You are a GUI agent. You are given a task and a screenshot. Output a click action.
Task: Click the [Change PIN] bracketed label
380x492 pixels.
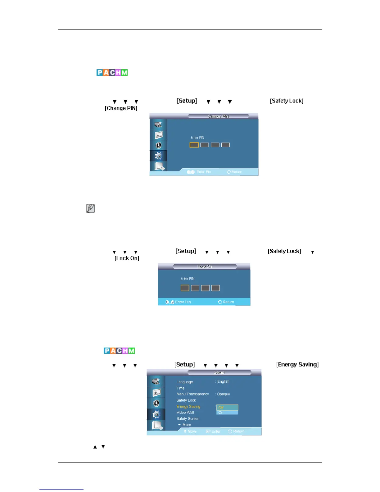[x=121, y=108]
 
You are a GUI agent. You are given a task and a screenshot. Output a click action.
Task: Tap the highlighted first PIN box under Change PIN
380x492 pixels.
[x=194, y=145]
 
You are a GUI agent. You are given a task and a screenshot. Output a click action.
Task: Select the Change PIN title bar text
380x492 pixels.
[x=218, y=116]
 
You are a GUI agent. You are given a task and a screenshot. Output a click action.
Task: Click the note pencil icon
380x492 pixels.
[x=90, y=208]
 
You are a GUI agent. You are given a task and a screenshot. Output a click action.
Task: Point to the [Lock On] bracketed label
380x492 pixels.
[x=127, y=258]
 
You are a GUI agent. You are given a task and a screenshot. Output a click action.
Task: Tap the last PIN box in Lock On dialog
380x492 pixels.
[x=215, y=288]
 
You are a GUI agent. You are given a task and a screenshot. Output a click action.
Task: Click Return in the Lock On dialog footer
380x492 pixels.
[x=226, y=302]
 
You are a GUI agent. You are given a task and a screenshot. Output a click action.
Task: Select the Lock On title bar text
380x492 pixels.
[x=205, y=266]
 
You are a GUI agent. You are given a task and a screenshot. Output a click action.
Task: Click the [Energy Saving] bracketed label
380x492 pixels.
[x=297, y=365]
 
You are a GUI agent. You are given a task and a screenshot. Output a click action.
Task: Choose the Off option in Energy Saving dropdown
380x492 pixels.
[x=227, y=408]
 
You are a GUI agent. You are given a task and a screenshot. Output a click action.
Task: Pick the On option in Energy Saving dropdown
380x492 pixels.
[x=227, y=412]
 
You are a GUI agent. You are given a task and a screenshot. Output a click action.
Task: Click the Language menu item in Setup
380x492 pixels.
[x=185, y=382]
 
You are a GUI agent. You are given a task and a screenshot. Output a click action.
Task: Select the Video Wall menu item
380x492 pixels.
[x=185, y=412]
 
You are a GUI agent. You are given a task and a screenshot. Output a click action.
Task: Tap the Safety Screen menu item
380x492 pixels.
[x=188, y=419]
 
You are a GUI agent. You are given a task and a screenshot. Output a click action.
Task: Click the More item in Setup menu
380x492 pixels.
[x=187, y=425]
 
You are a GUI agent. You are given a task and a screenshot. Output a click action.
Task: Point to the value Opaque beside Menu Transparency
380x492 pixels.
[x=223, y=394]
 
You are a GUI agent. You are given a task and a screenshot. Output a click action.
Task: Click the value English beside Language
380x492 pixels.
[x=223, y=381]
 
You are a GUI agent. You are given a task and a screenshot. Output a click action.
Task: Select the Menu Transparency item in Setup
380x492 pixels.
[x=193, y=394]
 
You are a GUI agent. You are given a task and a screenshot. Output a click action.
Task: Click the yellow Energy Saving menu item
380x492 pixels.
[x=188, y=407]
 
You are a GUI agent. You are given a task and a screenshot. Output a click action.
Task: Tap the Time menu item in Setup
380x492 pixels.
[x=181, y=388]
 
